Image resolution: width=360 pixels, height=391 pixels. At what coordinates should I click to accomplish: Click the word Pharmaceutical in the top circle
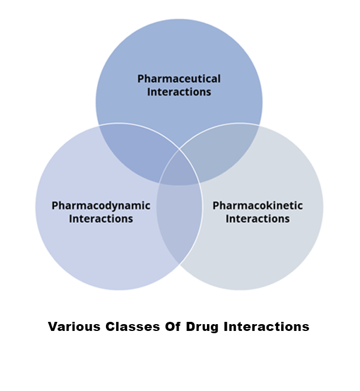click(x=179, y=79)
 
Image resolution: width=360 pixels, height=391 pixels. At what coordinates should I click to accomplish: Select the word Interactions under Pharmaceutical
click(x=179, y=91)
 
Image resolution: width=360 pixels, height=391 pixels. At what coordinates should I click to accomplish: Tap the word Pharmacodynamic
click(x=101, y=205)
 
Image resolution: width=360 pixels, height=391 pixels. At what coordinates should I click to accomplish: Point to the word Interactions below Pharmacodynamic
click(x=101, y=218)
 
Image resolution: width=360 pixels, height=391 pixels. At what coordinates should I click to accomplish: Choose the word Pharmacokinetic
click(x=257, y=205)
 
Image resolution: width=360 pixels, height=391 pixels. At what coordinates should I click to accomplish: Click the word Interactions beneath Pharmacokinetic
click(x=257, y=218)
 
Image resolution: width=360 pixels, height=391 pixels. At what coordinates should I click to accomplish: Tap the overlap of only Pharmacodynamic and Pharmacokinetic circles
click(x=180, y=227)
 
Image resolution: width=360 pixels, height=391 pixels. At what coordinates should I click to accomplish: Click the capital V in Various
click(x=52, y=327)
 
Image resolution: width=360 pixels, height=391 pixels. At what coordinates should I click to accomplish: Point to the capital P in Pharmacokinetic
click(x=216, y=205)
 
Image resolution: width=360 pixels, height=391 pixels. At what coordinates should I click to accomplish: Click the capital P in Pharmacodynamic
click(x=55, y=205)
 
